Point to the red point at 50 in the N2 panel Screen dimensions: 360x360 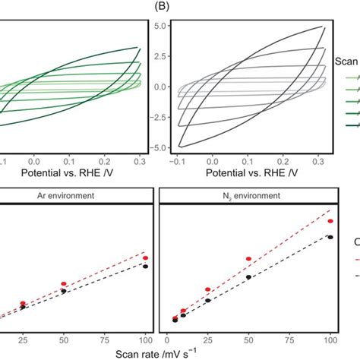(x=248, y=260)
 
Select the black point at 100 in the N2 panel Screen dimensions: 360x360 (x=330, y=236)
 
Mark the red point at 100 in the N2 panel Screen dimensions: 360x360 (x=330, y=221)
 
